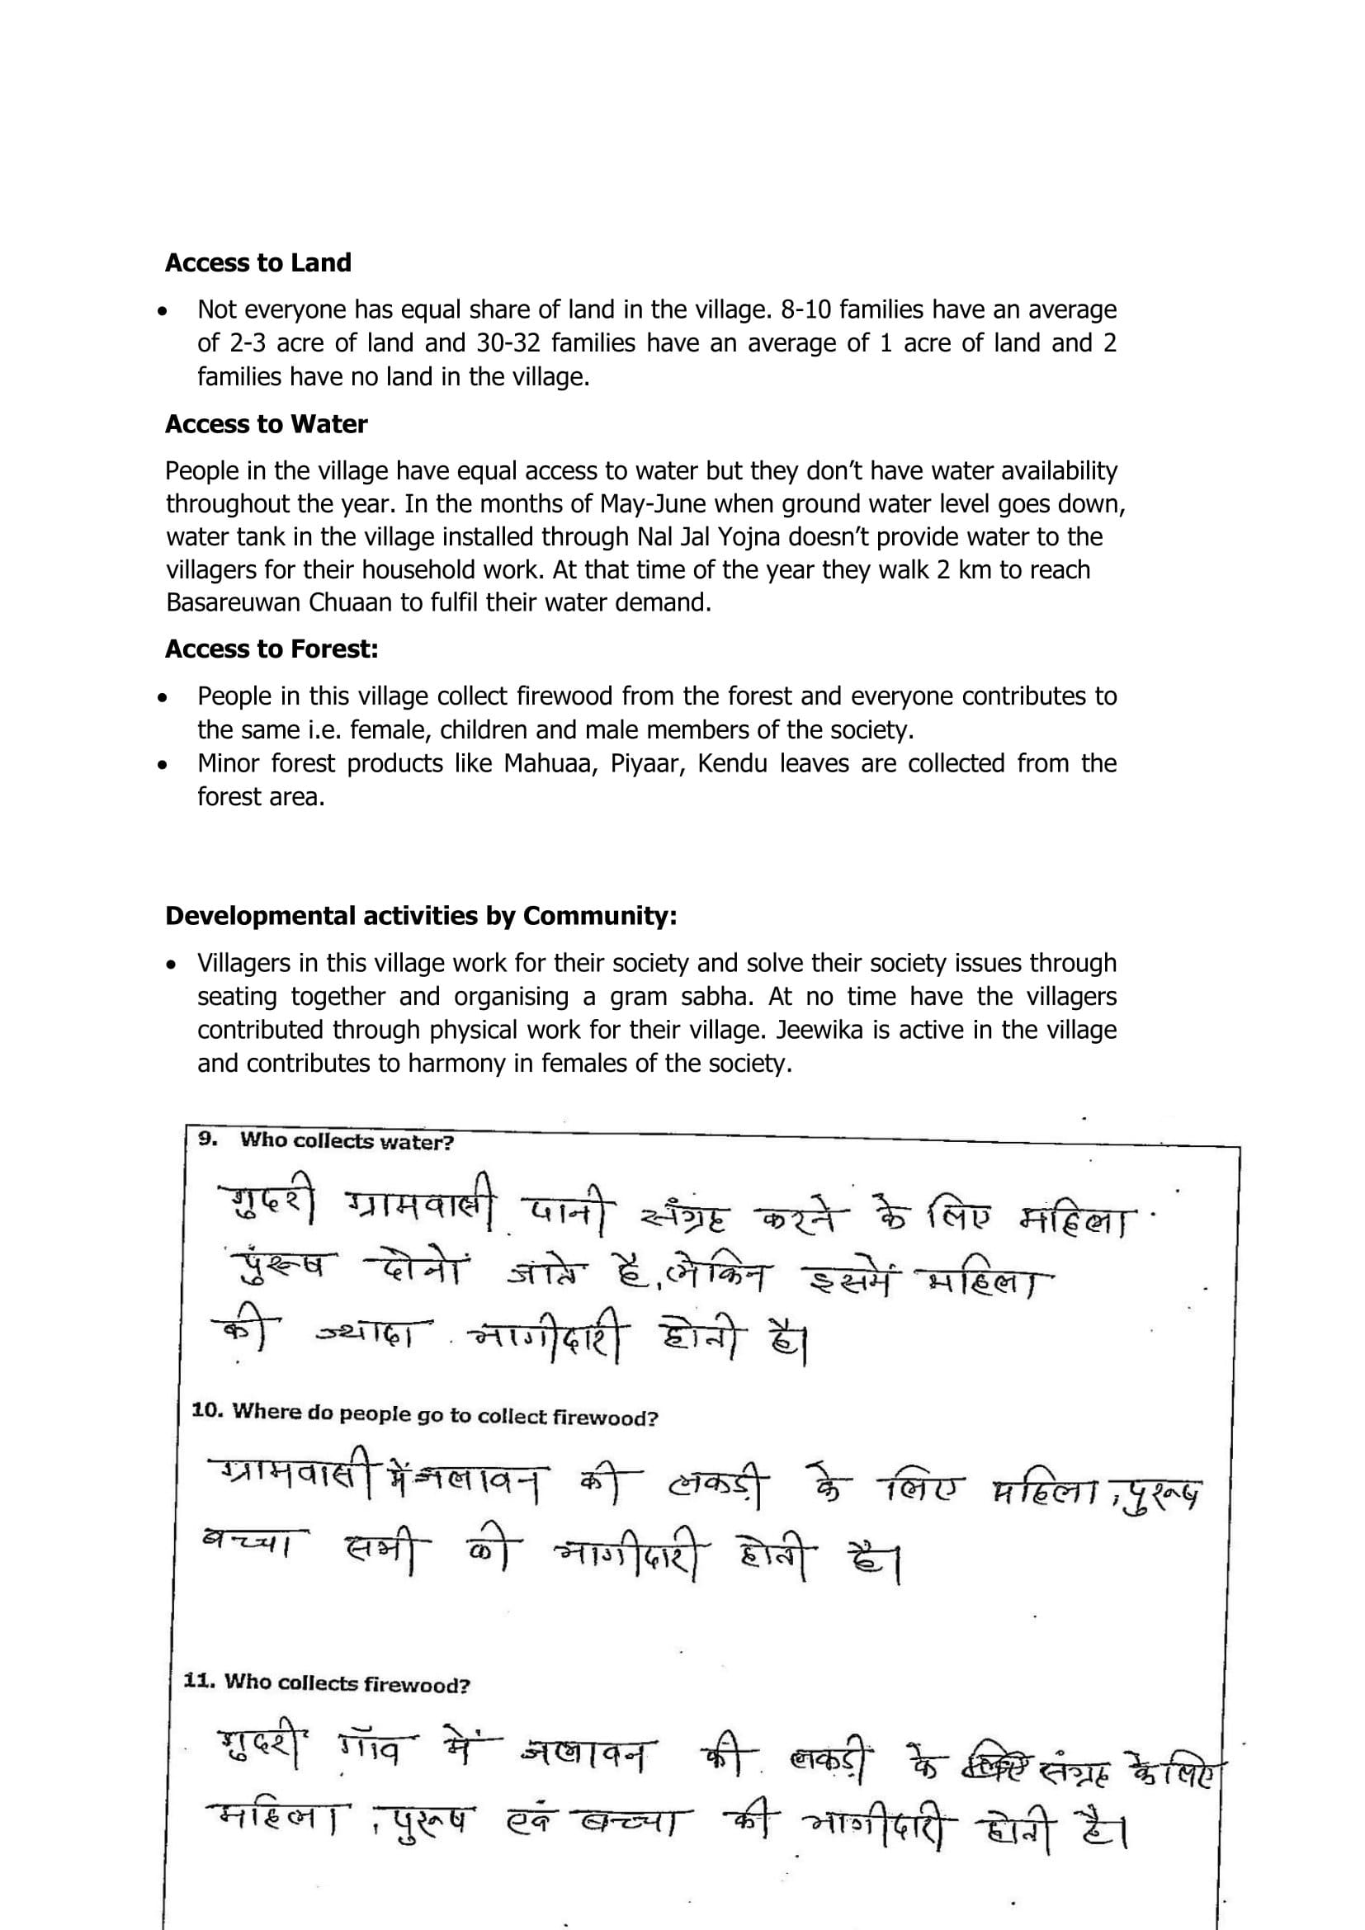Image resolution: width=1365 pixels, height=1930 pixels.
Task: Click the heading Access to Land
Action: click(x=258, y=263)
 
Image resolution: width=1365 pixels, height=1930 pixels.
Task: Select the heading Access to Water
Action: click(x=266, y=424)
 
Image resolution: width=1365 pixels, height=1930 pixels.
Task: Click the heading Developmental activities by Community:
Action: click(x=420, y=915)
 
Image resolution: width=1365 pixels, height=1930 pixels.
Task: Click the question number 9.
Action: click(x=208, y=1139)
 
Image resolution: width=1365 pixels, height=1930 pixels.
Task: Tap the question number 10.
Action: click(x=206, y=1410)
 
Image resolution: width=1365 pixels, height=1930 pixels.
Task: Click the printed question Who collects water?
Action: click(x=347, y=1140)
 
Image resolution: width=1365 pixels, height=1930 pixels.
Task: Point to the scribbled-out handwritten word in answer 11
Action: click(x=1000, y=1746)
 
